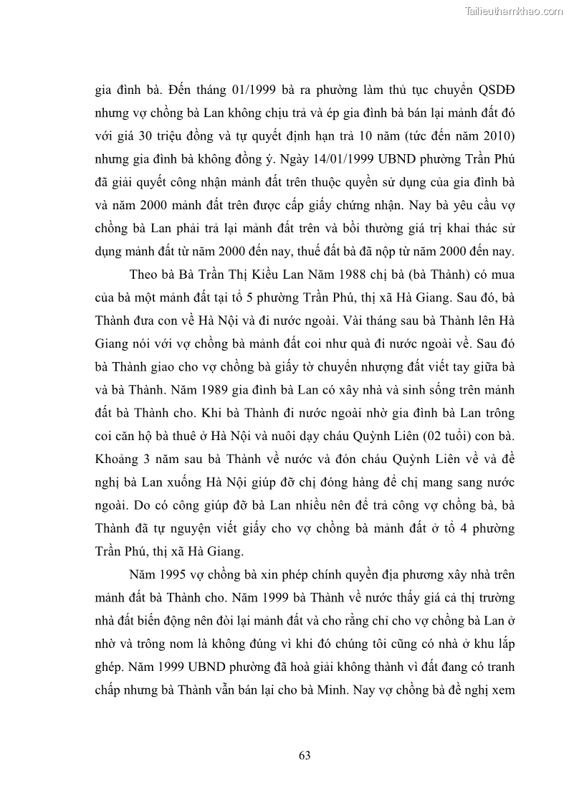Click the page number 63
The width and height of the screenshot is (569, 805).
[304, 755]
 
